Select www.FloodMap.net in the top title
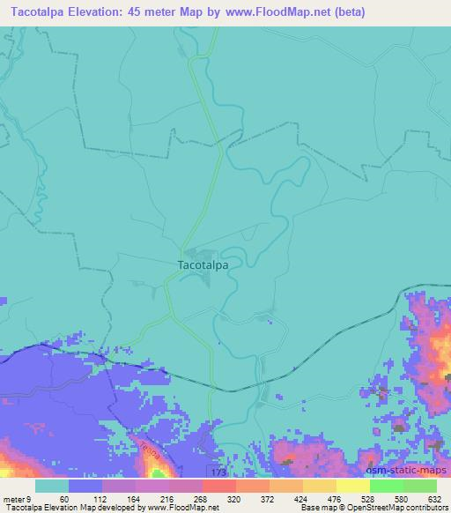(x=275, y=12)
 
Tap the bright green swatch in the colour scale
(x=386, y=486)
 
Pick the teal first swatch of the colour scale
(x=51, y=486)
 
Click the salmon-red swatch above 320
(x=218, y=486)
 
